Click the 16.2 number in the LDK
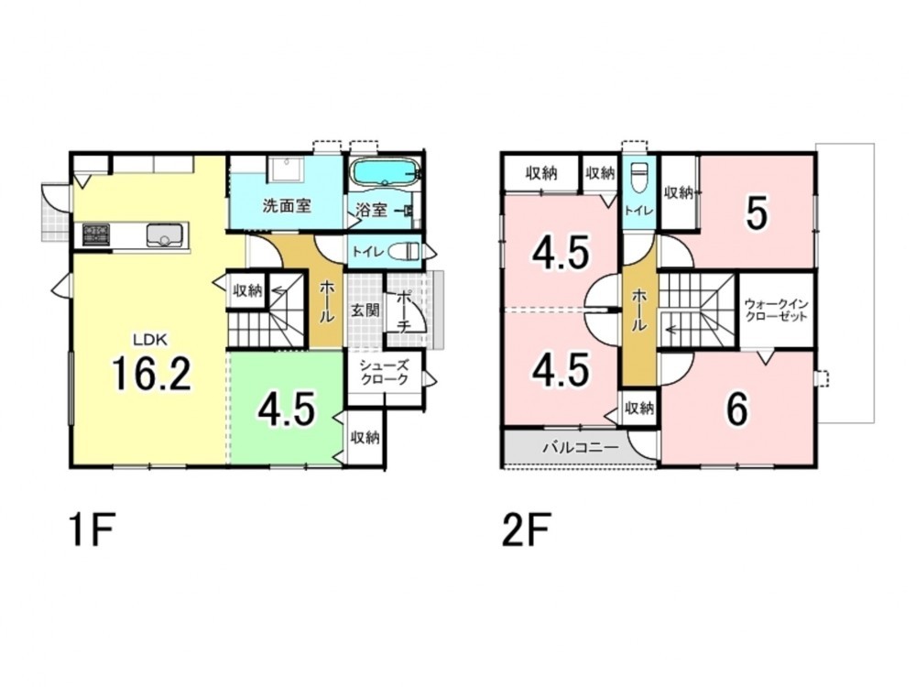coord(151,374)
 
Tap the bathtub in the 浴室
coord(384,172)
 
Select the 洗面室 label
coord(286,205)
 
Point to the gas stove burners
coord(96,234)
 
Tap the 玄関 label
coord(365,310)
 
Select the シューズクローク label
coord(384,372)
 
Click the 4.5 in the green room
coord(288,409)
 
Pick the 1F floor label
coord(93,529)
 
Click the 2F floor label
coord(525,529)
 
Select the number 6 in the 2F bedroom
coord(736,409)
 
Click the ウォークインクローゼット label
coord(777,310)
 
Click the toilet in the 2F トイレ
coord(639,177)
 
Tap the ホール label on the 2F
coord(638,311)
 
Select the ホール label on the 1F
coord(326,300)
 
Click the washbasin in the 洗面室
coord(285,170)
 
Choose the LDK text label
coord(151,339)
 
